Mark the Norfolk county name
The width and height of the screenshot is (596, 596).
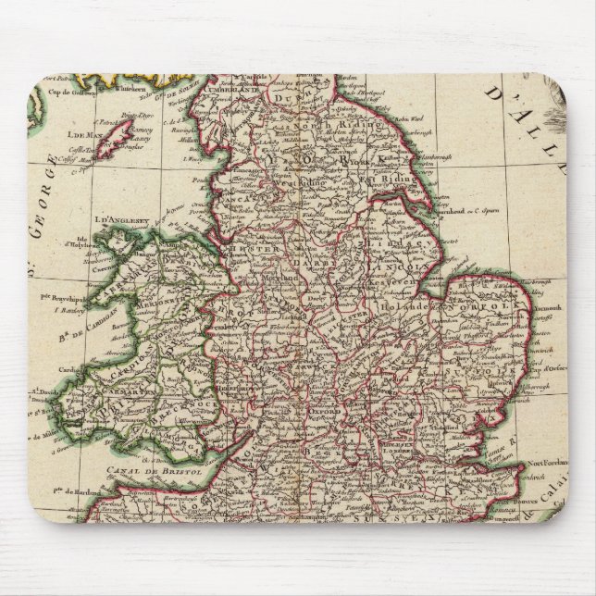coord(479,301)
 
